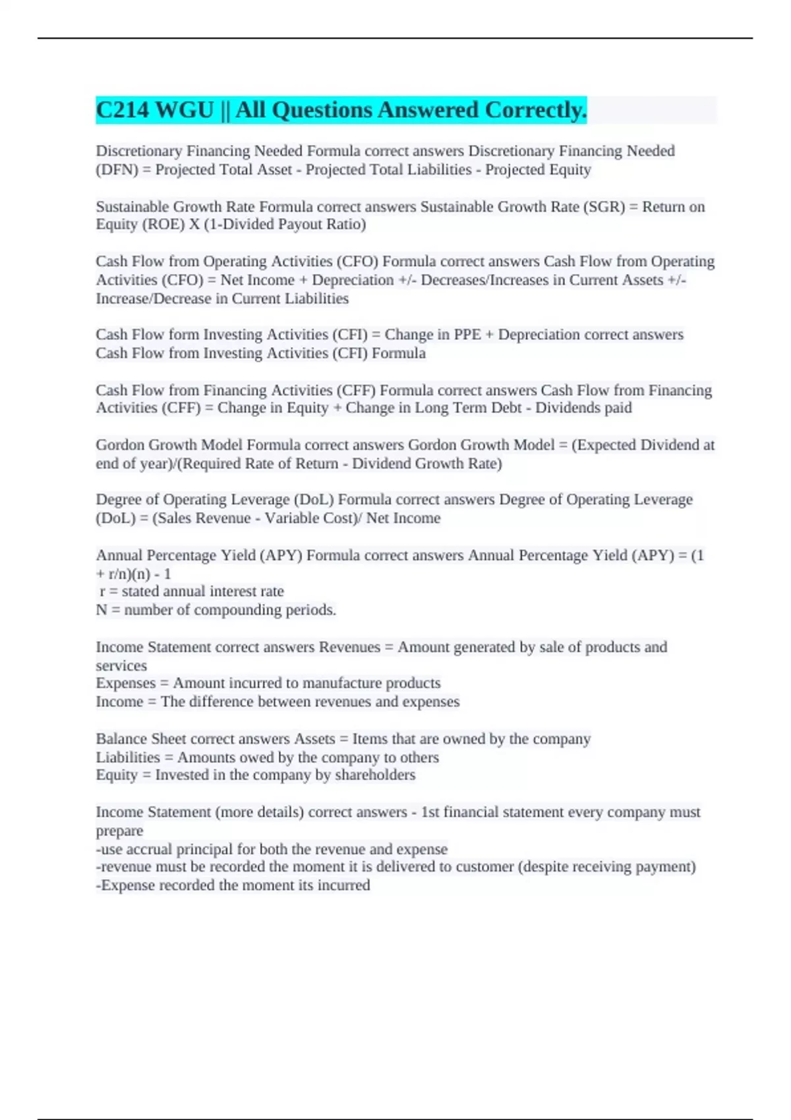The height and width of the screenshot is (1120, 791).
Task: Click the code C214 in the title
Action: pyautogui.click(x=122, y=110)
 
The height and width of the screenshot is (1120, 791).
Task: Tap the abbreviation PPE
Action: pyautogui.click(x=467, y=335)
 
